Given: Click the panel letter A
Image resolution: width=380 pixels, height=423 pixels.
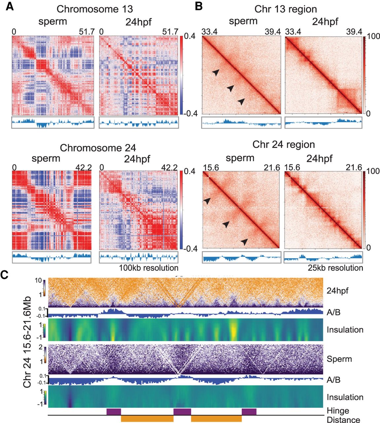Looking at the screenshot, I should [x=10, y=7].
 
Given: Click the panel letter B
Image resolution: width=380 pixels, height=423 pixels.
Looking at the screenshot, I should [x=199, y=6].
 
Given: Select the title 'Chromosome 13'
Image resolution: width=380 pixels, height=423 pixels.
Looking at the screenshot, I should [x=95, y=9].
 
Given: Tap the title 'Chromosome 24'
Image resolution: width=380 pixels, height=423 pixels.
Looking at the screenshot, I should [x=98, y=148].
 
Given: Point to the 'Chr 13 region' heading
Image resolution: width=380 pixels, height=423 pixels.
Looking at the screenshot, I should [x=286, y=9].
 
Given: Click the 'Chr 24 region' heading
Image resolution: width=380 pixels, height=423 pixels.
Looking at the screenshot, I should [x=284, y=144].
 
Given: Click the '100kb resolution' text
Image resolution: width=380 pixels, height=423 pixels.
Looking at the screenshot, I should [x=149, y=268].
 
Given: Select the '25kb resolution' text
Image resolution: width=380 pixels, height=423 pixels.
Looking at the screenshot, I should [x=335, y=268].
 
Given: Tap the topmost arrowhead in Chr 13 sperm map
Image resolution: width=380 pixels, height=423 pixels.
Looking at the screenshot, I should [x=216, y=72].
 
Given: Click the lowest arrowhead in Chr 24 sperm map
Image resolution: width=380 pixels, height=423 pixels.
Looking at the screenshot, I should [x=244, y=242].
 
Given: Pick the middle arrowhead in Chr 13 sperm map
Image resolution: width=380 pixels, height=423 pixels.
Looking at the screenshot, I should [x=230, y=88].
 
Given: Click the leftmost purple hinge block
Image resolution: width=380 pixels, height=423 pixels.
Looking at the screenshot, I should [x=114, y=412].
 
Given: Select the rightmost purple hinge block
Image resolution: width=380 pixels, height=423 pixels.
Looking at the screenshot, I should [x=249, y=412].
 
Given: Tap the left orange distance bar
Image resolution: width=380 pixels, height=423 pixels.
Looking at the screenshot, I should [x=147, y=418].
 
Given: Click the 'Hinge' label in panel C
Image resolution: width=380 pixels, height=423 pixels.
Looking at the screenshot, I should [x=338, y=411].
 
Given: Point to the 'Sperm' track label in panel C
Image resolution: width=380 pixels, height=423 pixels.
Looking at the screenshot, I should [x=339, y=359].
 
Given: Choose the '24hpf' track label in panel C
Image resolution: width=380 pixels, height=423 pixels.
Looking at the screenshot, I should [x=337, y=291].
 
